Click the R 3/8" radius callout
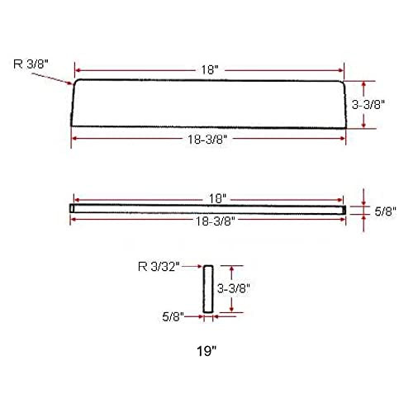click(31, 64)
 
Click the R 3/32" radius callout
click(159, 267)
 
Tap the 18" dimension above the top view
click(210, 69)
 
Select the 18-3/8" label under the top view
click(207, 140)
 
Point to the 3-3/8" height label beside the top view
click(368, 105)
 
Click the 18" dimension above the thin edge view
click(217, 199)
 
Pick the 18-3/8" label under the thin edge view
click(216, 221)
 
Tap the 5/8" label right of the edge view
click(385, 211)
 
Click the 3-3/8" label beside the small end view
click(234, 288)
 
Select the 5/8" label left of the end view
click(173, 316)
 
